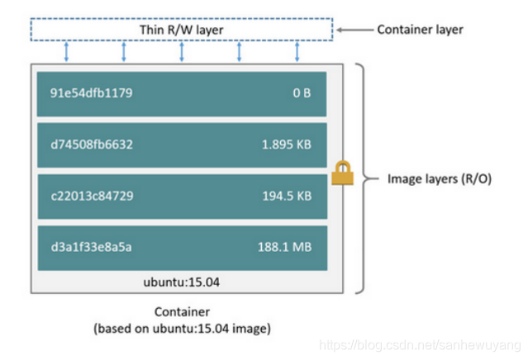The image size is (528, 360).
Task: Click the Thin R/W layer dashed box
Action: [180, 30]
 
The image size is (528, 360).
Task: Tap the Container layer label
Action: [420, 30]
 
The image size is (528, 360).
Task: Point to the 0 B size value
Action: [302, 93]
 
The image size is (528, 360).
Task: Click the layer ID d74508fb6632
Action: [91, 144]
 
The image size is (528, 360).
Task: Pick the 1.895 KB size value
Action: [286, 144]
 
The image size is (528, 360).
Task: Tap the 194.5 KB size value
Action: [286, 196]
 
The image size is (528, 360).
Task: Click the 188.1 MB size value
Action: [284, 247]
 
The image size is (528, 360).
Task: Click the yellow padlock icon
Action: [341, 173]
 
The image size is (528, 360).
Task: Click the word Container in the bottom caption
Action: [180, 312]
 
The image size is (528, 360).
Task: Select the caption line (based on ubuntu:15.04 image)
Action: [181, 328]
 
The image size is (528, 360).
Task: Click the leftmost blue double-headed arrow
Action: [67, 51]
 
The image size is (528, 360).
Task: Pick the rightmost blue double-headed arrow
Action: [297, 51]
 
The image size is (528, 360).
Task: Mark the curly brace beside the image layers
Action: [360, 177]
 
